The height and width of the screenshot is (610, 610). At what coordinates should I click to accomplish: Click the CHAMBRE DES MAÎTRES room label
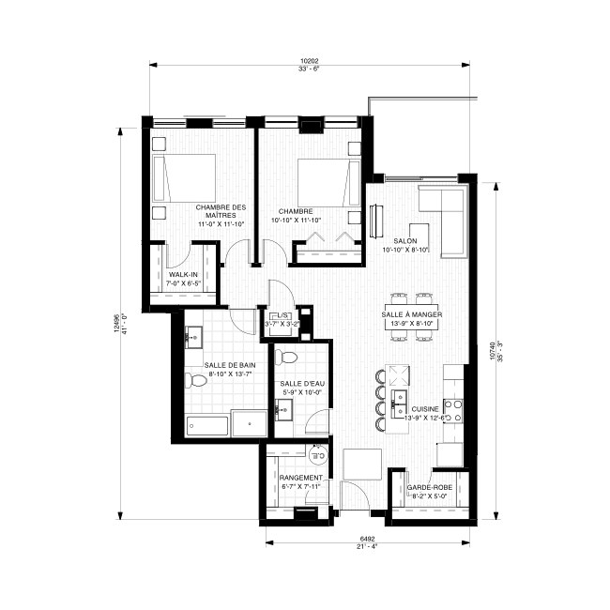pyautogui.click(x=221, y=211)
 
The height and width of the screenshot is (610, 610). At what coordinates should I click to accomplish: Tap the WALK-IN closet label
pyautogui.click(x=183, y=275)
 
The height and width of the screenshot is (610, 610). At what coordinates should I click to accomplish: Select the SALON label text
pyautogui.click(x=405, y=241)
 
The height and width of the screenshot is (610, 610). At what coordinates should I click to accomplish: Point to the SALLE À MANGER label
pyautogui.click(x=412, y=314)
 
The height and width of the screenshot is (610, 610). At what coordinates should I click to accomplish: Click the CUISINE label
pyautogui.click(x=425, y=409)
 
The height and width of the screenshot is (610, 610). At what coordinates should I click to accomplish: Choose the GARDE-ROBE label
pyautogui.click(x=430, y=487)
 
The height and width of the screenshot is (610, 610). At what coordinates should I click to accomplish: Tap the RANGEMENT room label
pyautogui.click(x=300, y=478)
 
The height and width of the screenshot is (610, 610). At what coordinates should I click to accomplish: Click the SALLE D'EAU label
pyautogui.click(x=302, y=384)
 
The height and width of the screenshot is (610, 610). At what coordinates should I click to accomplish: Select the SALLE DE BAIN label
pyautogui.click(x=230, y=365)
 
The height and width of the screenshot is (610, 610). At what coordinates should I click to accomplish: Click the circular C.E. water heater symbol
pyautogui.click(x=319, y=454)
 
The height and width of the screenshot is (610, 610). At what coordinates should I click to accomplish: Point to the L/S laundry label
pyautogui.click(x=282, y=315)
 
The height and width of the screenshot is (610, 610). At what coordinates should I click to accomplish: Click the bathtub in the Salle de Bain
pyautogui.click(x=207, y=427)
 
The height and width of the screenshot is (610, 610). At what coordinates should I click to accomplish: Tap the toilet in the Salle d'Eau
pyautogui.click(x=285, y=358)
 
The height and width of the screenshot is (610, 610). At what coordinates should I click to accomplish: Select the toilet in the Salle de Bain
pyautogui.click(x=196, y=380)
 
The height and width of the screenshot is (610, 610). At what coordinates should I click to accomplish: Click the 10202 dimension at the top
pyautogui.click(x=310, y=61)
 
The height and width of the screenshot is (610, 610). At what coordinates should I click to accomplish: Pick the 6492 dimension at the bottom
pyautogui.click(x=367, y=539)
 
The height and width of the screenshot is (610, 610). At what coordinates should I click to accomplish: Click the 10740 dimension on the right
pyautogui.click(x=493, y=351)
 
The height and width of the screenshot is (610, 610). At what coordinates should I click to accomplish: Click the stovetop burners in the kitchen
pyautogui.click(x=453, y=411)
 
